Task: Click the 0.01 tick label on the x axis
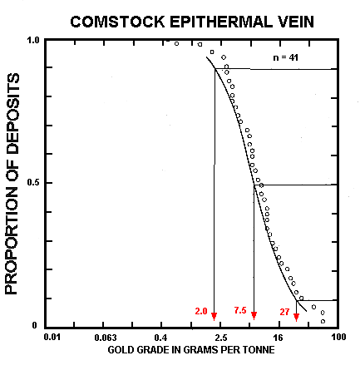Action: [x=52, y=338]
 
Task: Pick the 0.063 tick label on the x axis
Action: [x=105, y=338]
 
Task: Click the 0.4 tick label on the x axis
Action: [x=161, y=338]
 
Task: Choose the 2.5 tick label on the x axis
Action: [x=219, y=338]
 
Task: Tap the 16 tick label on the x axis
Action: [x=279, y=338]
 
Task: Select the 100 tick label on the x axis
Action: [x=338, y=338]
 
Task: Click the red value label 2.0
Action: [x=201, y=311]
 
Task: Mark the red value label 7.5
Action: [x=240, y=311]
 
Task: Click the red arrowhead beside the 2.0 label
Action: [x=215, y=316]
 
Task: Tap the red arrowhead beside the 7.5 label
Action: [x=254, y=316]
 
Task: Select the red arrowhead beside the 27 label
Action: [x=297, y=316]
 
